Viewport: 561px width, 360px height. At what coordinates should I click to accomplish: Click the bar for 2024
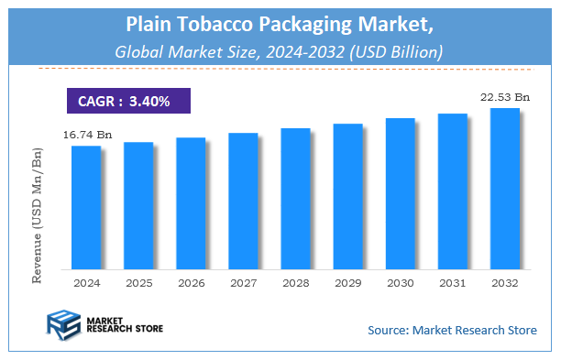click(86, 207)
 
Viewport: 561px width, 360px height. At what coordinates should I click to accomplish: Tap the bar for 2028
click(295, 199)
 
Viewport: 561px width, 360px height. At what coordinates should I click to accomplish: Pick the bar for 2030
click(400, 193)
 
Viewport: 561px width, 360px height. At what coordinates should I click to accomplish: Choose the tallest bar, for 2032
click(505, 189)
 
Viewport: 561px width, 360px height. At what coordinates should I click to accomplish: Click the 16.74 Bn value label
click(86, 135)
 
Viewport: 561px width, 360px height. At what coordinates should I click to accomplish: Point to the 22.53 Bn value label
click(503, 96)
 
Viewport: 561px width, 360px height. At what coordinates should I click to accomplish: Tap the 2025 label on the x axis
click(138, 283)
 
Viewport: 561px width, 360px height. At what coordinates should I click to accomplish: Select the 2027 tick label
click(243, 283)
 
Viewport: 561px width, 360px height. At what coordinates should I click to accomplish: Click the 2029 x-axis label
click(347, 283)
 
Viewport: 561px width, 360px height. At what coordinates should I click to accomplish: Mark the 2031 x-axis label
click(452, 283)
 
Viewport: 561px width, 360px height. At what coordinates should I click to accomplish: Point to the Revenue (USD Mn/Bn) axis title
click(38, 214)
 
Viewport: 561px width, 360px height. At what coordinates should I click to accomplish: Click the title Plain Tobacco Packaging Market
click(280, 25)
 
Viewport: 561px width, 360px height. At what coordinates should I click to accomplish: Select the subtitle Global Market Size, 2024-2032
click(280, 52)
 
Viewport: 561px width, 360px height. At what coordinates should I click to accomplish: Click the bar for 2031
click(452, 191)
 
